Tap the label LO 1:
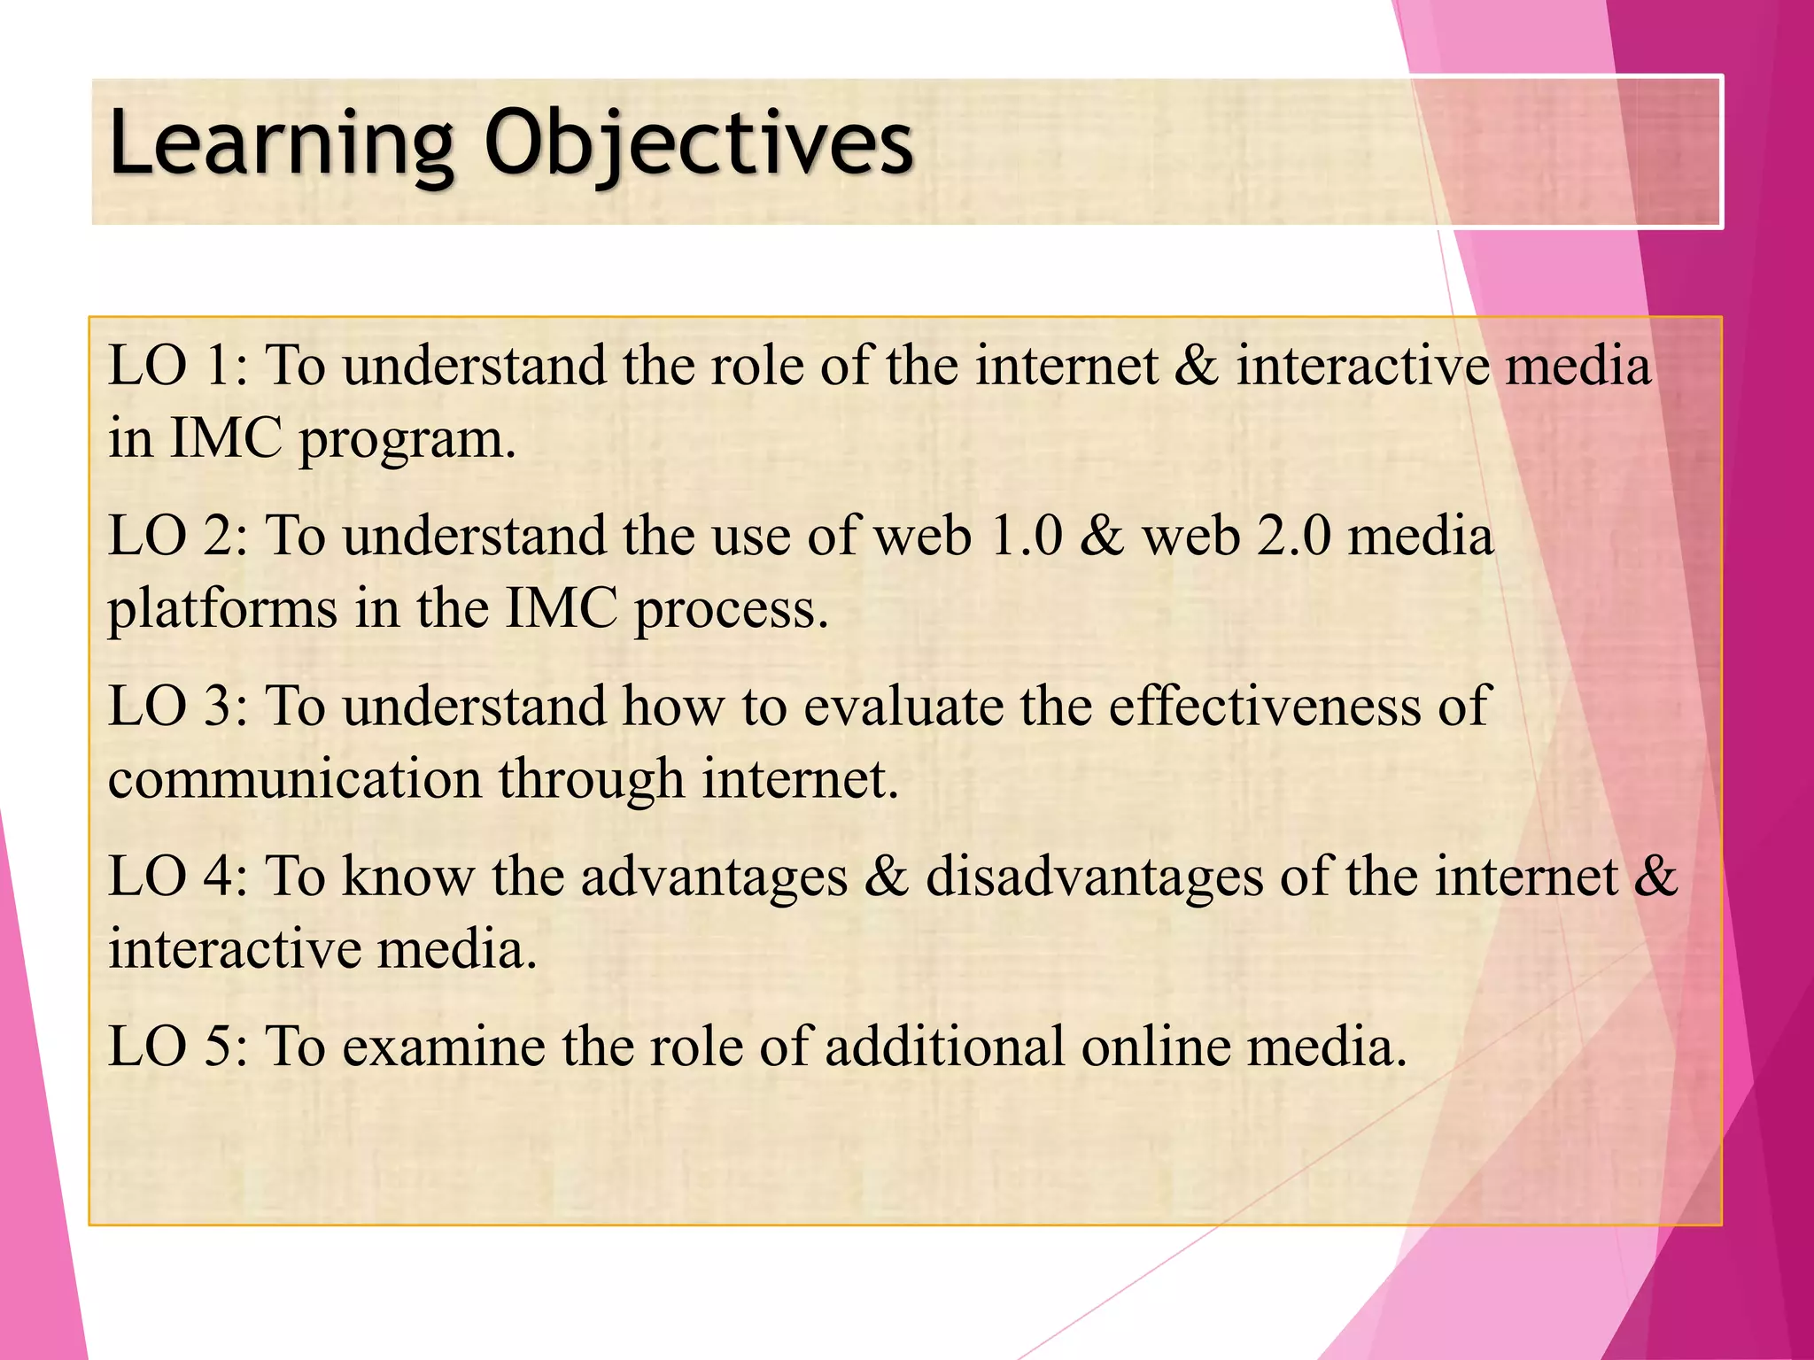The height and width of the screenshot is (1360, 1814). point(178,366)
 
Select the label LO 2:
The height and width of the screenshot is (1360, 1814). point(178,537)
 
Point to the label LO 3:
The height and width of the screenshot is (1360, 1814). point(178,707)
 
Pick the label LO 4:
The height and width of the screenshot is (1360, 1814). point(178,877)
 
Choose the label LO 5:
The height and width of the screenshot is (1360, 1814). point(178,1047)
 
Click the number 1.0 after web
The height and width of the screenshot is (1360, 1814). point(1026,537)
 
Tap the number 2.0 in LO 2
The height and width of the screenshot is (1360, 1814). point(1294,537)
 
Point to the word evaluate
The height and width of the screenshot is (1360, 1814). point(903,707)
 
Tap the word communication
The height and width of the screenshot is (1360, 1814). point(293,779)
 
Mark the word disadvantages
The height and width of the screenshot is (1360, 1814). point(1094,877)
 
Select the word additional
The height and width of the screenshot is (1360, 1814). point(944,1047)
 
